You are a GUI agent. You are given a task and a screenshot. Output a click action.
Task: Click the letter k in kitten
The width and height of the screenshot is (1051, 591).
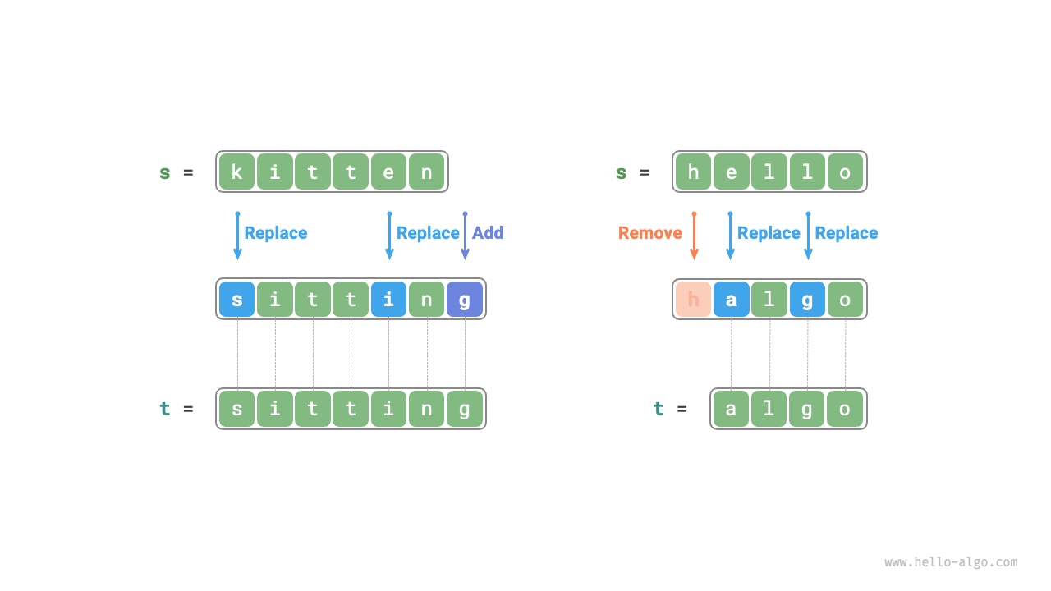[x=236, y=172]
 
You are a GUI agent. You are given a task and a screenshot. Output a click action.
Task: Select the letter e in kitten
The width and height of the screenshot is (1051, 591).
[x=388, y=172]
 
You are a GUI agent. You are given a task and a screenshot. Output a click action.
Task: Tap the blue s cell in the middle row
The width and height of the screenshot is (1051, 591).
[x=236, y=299]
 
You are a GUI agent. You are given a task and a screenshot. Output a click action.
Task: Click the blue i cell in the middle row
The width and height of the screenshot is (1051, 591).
[x=388, y=299]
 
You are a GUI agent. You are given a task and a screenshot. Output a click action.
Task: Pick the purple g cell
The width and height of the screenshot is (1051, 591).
[x=465, y=299]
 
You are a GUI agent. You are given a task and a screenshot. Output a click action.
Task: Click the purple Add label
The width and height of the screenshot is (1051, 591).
[x=488, y=233]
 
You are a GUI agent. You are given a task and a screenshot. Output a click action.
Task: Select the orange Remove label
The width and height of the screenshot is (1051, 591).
[x=649, y=233]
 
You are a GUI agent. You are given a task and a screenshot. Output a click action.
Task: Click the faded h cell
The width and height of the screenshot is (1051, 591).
[x=693, y=299]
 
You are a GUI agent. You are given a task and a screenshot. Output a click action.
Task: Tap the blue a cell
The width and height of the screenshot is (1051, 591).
[x=731, y=299]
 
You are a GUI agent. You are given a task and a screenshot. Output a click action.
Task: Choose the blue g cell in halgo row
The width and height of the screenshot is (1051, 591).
[x=807, y=299]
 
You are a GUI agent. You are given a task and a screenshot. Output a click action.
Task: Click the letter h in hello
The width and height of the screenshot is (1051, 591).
[x=693, y=172]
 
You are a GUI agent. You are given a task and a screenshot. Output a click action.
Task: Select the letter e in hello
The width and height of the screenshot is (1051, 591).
[x=731, y=172]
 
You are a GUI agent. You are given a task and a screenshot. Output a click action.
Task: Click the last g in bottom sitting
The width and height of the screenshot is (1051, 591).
[x=465, y=409]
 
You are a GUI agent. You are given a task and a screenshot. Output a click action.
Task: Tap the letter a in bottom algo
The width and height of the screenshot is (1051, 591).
[x=731, y=409]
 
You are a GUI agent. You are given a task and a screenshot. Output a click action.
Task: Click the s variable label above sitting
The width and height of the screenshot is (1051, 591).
[x=165, y=172]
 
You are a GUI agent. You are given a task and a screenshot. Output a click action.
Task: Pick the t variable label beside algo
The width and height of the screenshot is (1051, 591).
[x=659, y=409]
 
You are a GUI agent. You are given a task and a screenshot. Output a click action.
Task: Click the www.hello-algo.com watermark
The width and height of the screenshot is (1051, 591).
[x=951, y=562]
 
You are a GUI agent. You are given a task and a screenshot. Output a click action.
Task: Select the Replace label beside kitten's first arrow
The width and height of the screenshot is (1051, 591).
[x=275, y=233]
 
